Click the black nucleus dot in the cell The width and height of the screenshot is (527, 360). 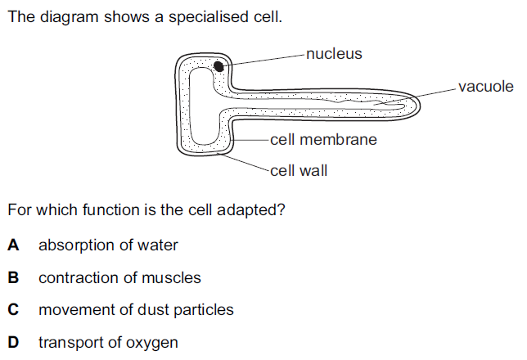(219, 67)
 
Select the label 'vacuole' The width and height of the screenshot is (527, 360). (486, 87)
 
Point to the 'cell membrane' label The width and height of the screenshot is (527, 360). (323, 140)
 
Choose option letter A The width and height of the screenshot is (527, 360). (12, 245)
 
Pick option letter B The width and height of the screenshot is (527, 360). (12, 277)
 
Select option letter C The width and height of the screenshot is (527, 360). (12, 310)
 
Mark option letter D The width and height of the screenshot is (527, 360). (12, 343)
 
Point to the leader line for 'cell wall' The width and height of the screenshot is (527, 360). (245, 163)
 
